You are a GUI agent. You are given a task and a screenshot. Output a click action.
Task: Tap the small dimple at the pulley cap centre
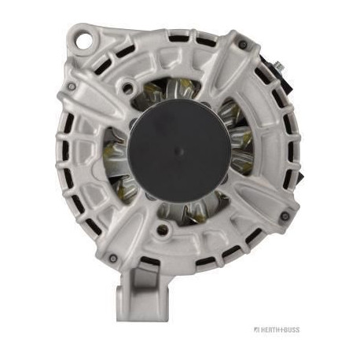coord(178,152)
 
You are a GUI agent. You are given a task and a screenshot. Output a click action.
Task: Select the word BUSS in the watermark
coord(292,329)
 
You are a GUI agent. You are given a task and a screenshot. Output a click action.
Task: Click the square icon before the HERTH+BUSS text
coord(256,329)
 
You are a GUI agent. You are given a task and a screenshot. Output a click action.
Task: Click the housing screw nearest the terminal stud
coord(243,45)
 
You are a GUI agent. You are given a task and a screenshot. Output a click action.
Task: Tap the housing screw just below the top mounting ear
coord(72,86)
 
